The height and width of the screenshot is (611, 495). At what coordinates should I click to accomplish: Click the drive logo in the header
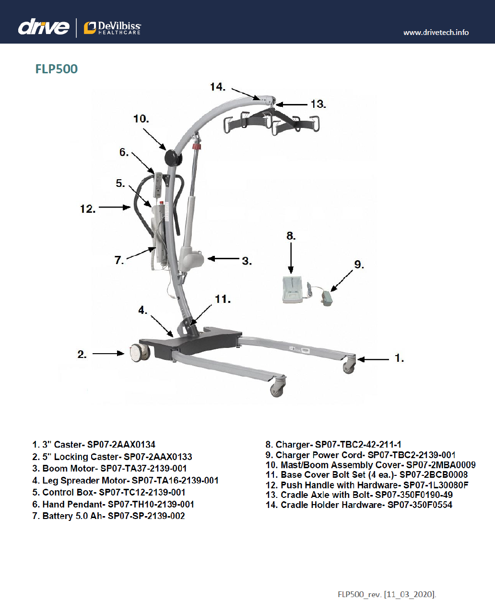click(43, 27)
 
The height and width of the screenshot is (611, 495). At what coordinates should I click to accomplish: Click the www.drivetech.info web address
click(436, 33)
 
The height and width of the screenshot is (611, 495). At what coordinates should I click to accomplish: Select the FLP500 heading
click(56, 69)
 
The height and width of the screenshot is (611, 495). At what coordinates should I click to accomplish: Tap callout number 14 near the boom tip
click(217, 87)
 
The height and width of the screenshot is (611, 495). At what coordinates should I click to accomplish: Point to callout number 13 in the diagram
click(318, 104)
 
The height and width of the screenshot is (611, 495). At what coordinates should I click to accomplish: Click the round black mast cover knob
click(172, 157)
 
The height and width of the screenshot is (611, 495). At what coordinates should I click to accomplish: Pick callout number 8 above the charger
click(291, 236)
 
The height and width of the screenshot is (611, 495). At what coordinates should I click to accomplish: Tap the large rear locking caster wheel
click(139, 353)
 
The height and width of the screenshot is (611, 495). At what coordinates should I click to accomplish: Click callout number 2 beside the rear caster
click(82, 354)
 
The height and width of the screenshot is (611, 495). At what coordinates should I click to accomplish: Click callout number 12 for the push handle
click(87, 208)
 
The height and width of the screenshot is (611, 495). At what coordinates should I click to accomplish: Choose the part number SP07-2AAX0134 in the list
click(121, 445)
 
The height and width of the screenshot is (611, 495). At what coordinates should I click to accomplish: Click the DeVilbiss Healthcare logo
click(112, 28)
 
